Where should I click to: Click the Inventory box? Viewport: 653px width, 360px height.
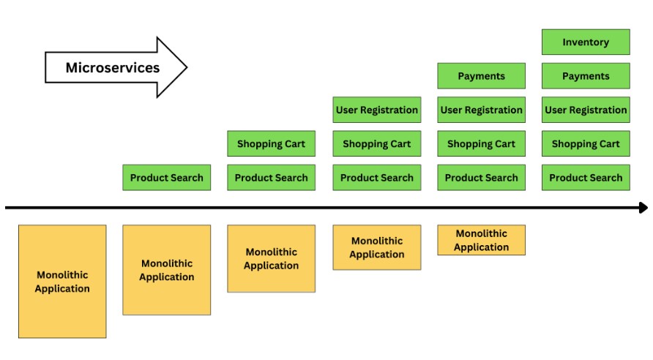(586, 42)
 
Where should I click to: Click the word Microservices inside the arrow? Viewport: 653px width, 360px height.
(112, 68)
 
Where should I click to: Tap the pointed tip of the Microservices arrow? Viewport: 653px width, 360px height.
(186, 68)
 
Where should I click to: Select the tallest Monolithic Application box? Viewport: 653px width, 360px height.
(62, 281)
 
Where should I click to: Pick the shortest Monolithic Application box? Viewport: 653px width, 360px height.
(481, 240)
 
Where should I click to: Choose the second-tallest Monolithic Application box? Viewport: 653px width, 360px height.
(166, 270)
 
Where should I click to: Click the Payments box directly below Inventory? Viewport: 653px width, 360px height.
(586, 76)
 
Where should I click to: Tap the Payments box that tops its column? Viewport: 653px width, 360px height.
(481, 76)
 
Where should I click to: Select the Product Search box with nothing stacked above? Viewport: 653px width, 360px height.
(166, 177)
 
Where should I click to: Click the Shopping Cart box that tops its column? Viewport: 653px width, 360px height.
(271, 143)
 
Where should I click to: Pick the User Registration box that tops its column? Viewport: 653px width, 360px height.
(377, 110)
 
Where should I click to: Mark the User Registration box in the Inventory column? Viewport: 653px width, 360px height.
(586, 110)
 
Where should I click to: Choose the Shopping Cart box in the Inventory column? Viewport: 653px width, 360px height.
(586, 143)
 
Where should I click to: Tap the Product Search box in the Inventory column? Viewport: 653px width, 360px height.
(586, 177)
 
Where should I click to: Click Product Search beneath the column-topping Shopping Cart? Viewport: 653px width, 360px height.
(271, 177)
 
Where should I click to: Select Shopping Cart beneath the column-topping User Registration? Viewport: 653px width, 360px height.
(377, 143)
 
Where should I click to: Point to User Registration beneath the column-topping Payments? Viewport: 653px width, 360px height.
(481, 110)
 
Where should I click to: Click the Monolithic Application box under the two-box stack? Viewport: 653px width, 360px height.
(271, 258)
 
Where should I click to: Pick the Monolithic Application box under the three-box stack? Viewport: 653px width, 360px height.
(377, 247)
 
